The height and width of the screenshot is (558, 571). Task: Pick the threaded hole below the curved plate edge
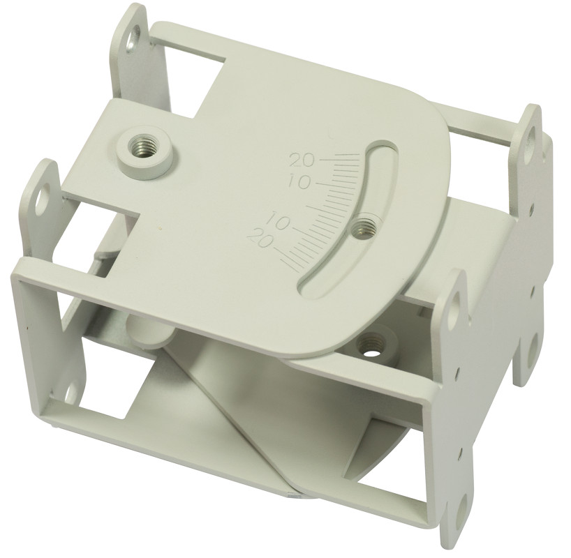tap(368, 343)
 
